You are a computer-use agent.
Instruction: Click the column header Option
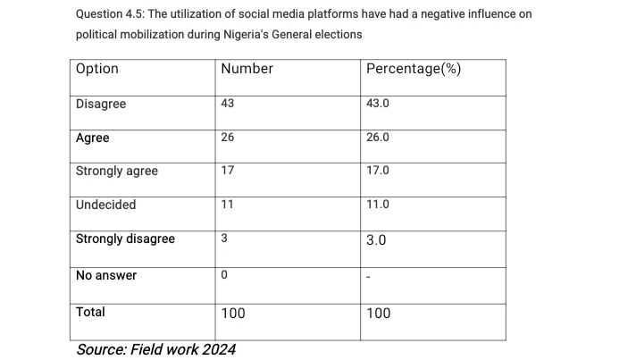coord(97,69)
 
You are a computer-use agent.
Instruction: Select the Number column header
coord(247,69)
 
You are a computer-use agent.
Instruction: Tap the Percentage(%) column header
coord(414,69)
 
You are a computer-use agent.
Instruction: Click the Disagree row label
coord(101,105)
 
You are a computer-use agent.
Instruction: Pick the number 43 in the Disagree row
coord(227,104)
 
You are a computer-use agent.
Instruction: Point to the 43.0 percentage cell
coord(378,104)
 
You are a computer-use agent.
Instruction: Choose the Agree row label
coord(93,138)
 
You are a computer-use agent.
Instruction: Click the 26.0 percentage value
coord(378,138)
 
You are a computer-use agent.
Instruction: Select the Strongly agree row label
coord(117,172)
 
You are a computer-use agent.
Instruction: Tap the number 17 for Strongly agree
coord(227,171)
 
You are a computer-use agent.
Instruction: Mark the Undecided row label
coord(106,205)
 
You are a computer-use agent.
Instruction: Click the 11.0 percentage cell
coord(378,205)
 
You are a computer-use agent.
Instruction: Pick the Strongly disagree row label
coord(125,239)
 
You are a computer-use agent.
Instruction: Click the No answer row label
coord(106,276)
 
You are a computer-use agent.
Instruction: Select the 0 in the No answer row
coord(224,275)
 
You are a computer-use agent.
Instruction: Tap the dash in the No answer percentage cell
coord(369,277)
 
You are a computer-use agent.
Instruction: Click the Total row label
coord(90,312)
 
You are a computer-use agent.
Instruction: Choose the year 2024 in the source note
coord(218,349)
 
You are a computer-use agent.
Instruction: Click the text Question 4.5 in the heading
coord(108,15)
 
